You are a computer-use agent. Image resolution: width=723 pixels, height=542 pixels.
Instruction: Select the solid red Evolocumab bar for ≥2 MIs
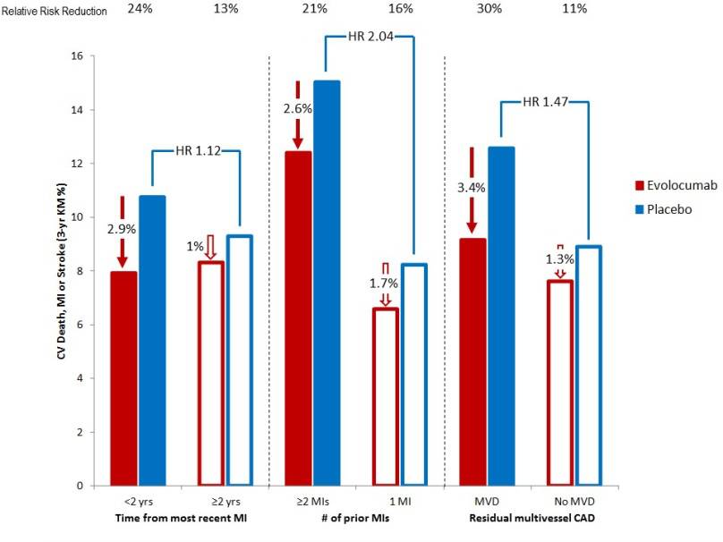tap(298, 318)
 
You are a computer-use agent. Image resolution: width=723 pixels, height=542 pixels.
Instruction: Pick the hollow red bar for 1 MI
tap(386, 397)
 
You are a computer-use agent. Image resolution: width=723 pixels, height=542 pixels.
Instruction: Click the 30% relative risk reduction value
tap(488, 10)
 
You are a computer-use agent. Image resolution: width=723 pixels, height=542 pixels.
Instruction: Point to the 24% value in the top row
tap(139, 10)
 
